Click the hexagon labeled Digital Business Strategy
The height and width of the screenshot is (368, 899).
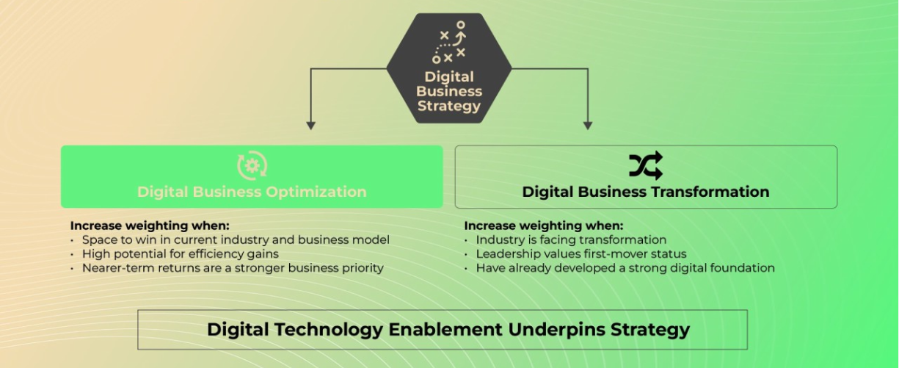point(449,68)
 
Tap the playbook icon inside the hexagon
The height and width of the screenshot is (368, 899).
point(449,42)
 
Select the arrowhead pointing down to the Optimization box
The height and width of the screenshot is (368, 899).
point(310,126)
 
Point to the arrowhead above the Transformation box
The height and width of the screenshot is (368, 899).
point(588,126)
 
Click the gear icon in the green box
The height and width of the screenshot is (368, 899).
point(252,165)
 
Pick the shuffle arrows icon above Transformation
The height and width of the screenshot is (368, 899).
point(646,165)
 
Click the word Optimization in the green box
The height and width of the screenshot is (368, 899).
point(316,192)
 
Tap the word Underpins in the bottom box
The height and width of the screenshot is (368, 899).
point(556,330)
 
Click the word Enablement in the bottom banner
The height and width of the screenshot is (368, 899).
point(445,329)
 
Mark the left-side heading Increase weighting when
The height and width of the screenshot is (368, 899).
point(150,226)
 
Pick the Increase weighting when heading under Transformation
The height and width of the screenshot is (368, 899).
point(544,226)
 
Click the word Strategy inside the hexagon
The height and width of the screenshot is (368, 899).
point(449,106)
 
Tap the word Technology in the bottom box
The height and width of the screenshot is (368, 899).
point(329,330)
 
